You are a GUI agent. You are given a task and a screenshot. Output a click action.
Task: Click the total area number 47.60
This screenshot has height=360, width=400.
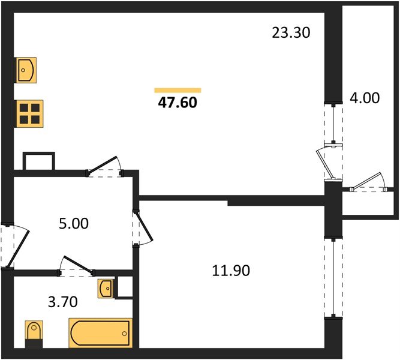[x=178, y=103]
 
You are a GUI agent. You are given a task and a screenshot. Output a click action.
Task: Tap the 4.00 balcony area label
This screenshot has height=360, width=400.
[x=365, y=98]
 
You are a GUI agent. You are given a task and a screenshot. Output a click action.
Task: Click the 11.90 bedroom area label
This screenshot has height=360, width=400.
[x=230, y=271]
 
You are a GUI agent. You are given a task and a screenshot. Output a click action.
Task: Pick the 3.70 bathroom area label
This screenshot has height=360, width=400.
[x=62, y=301]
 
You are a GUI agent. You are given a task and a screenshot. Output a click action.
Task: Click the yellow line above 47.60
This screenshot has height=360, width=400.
[x=178, y=90]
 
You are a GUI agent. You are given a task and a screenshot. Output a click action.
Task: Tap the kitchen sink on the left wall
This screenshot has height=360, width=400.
[x=26, y=70]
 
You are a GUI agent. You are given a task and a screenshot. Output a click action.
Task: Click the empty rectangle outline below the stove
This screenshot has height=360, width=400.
[x=38, y=161]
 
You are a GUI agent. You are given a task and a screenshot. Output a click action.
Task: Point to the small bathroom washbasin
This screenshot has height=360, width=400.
[x=105, y=289]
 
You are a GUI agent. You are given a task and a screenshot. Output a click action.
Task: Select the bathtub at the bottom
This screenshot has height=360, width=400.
[x=100, y=332]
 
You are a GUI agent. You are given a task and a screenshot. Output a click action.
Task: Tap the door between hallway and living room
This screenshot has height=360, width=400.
[x=106, y=166]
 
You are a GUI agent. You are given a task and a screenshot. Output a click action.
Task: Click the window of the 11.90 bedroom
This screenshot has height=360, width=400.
[x=329, y=277]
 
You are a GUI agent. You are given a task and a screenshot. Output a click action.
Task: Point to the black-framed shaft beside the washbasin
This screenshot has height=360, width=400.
[x=124, y=287]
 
